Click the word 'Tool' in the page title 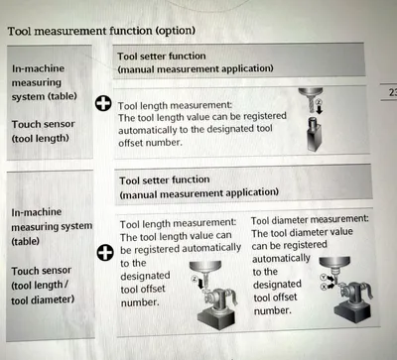[x=20, y=32]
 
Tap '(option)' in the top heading [x=176, y=31]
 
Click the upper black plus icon [x=103, y=103]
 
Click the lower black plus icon [x=105, y=253]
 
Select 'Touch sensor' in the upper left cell [x=44, y=124]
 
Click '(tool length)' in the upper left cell [x=41, y=138]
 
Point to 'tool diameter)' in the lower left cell [x=43, y=300]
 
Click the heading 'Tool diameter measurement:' [x=310, y=219]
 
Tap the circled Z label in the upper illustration [x=319, y=102]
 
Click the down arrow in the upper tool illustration [x=320, y=110]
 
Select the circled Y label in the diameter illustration [x=324, y=277]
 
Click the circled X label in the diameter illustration [x=324, y=287]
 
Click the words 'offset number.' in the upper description [x=151, y=143]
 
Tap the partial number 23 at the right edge [x=393, y=92]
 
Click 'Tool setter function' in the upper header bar [x=162, y=57]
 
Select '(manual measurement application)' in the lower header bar [x=198, y=193]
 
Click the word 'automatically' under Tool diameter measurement [x=281, y=258]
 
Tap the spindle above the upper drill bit [x=311, y=92]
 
